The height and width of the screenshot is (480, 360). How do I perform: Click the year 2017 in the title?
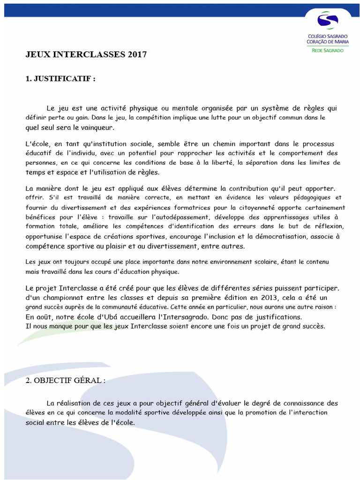(x=137, y=55)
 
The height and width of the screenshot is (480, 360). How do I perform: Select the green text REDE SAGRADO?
(x=328, y=50)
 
